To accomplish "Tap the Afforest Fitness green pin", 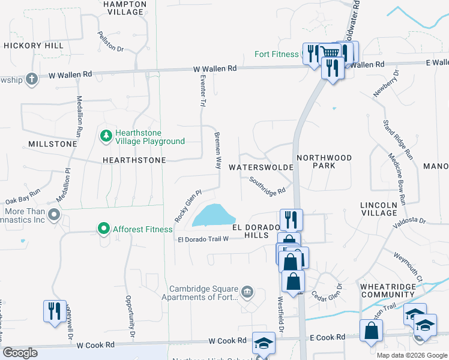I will pyautogui.click(x=103, y=229).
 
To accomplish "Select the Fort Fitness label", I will pyautogui.click(x=276, y=54).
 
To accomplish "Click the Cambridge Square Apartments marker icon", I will pyautogui.click(x=247, y=292).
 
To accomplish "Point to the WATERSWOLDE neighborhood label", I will pyautogui.click(x=261, y=167).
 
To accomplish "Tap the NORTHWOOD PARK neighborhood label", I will pyautogui.click(x=324, y=161).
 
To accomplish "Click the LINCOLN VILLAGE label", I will pyautogui.click(x=379, y=209).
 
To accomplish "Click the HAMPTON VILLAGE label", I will pyautogui.click(x=124, y=7).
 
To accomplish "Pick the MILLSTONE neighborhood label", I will pyautogui.click(x=52, y=144).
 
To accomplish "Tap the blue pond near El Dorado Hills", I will pyautogui.click(x=213, y=215).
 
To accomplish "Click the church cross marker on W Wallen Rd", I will pyautogui.click(x=32, y=78).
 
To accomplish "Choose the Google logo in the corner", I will pyautogui.click(x=20, y=353).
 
